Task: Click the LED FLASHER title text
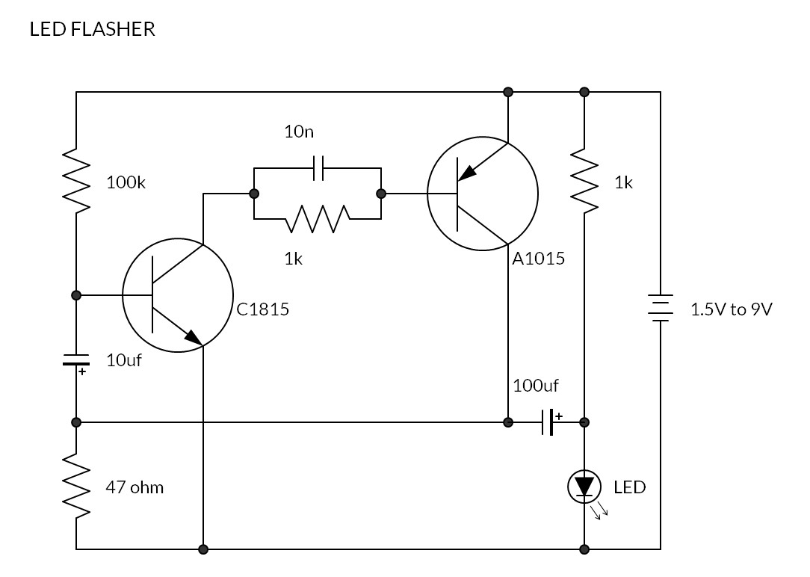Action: pyautogui.click(x=92, y=29)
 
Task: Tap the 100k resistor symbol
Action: pyautogui.click(x=76, y=182)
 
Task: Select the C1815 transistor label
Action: pyautogui.click(x=262, y=309)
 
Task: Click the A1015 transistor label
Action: pyautogui.click(x=538, y=259)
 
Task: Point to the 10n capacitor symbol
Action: pyautogui.click(x=318, y=169)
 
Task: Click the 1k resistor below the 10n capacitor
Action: pyautogui.click(x=318, y=219)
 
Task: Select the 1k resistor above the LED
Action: pyautogui.click(x=584, y=182)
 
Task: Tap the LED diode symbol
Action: pyautogui.click(x=584, y=487)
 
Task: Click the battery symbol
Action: pyautogui.click(x=661, y=308)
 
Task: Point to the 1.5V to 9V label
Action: pyautogui.click(x=731, y=309)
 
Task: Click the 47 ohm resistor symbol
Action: pyautogui.click(x=76, y=487)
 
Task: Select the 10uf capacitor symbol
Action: pyautogui.click(x=76, y=360)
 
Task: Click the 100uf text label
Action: pyautogui.click(x=535, y=386)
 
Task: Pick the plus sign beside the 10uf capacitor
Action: pyautogui.click(x=82, y=371)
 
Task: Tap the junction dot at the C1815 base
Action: pyautogui.click(x=76, y=295)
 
